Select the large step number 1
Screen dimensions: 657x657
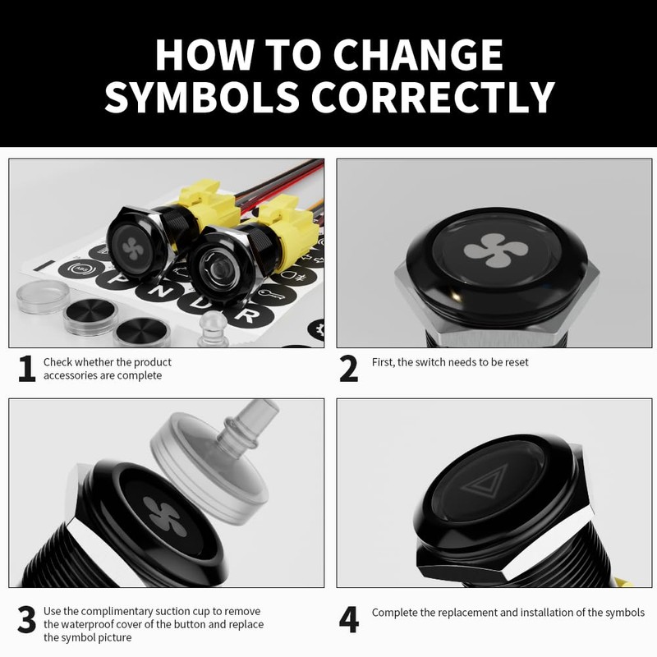click(x=27, y=370)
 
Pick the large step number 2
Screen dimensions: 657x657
click(x=349, y=370)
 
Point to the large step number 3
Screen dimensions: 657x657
click(x=27, y=620)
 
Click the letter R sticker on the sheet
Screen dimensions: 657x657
click(x=244, y=315)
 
